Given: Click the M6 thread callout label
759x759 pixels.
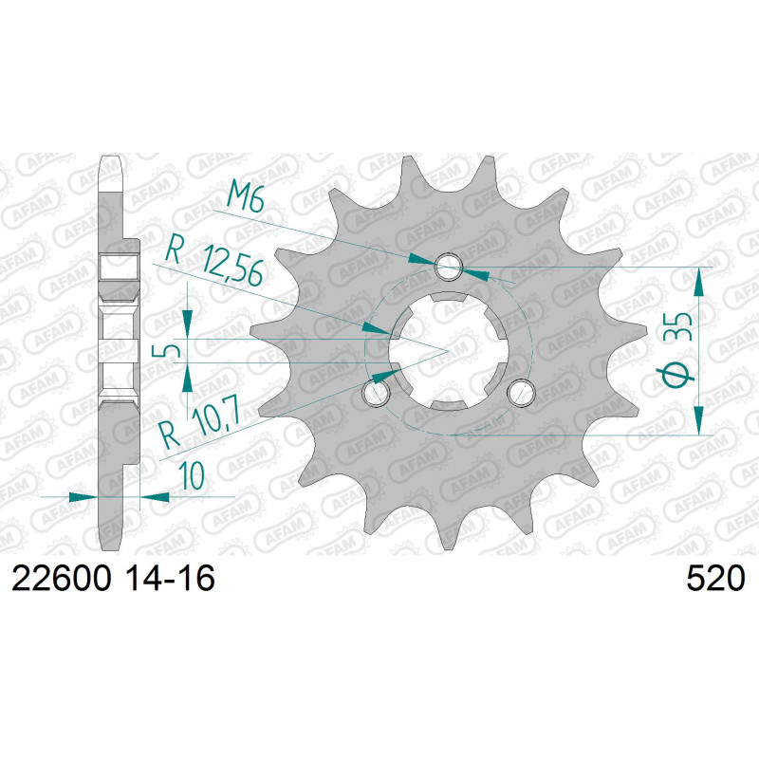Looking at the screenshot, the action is coord(246,197).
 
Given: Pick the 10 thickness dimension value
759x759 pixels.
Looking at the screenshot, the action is coord(192,475).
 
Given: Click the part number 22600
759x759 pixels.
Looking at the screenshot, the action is coord(62,578).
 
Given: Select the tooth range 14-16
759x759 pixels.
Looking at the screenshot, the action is coord(170,578).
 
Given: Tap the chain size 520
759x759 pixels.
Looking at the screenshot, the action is coord(715,578).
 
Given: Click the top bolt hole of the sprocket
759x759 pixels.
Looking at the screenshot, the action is coord(449,267).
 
